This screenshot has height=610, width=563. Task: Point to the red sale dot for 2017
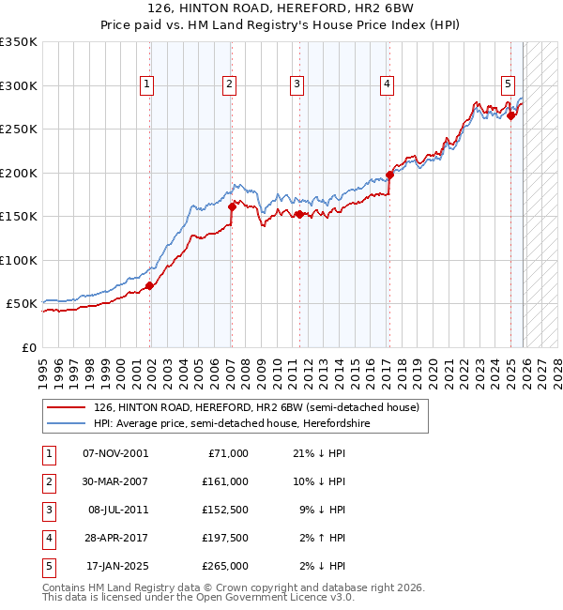point(389,175)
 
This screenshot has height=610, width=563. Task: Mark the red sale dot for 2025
point(511,115)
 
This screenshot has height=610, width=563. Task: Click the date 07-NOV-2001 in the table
point(115,453)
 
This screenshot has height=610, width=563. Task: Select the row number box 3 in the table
point(47,510)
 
